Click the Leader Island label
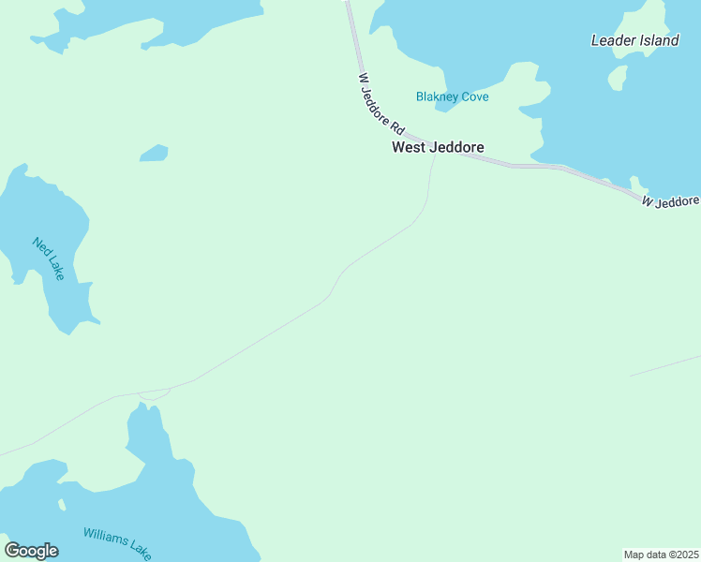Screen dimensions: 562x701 [x=634, y=40]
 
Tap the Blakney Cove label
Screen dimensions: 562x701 [x=452, y=96]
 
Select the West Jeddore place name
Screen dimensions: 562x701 [x=438, y=147]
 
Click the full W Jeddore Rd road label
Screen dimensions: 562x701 [x=380, y=104]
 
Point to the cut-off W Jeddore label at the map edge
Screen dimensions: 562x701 [x=670, y=201]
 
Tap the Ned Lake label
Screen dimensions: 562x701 [x=47, y=259]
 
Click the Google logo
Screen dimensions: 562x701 [x=31, y=551]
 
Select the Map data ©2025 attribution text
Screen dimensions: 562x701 [x=662, y=555]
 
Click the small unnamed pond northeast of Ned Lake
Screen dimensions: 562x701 [x=154, y=153]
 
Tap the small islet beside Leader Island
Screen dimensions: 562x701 [x=617, y=77]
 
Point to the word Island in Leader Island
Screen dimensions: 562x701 [x=658, y=40]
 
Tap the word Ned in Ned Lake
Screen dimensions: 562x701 [x=39, y=247]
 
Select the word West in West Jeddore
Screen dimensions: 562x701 [x=410, y=147]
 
